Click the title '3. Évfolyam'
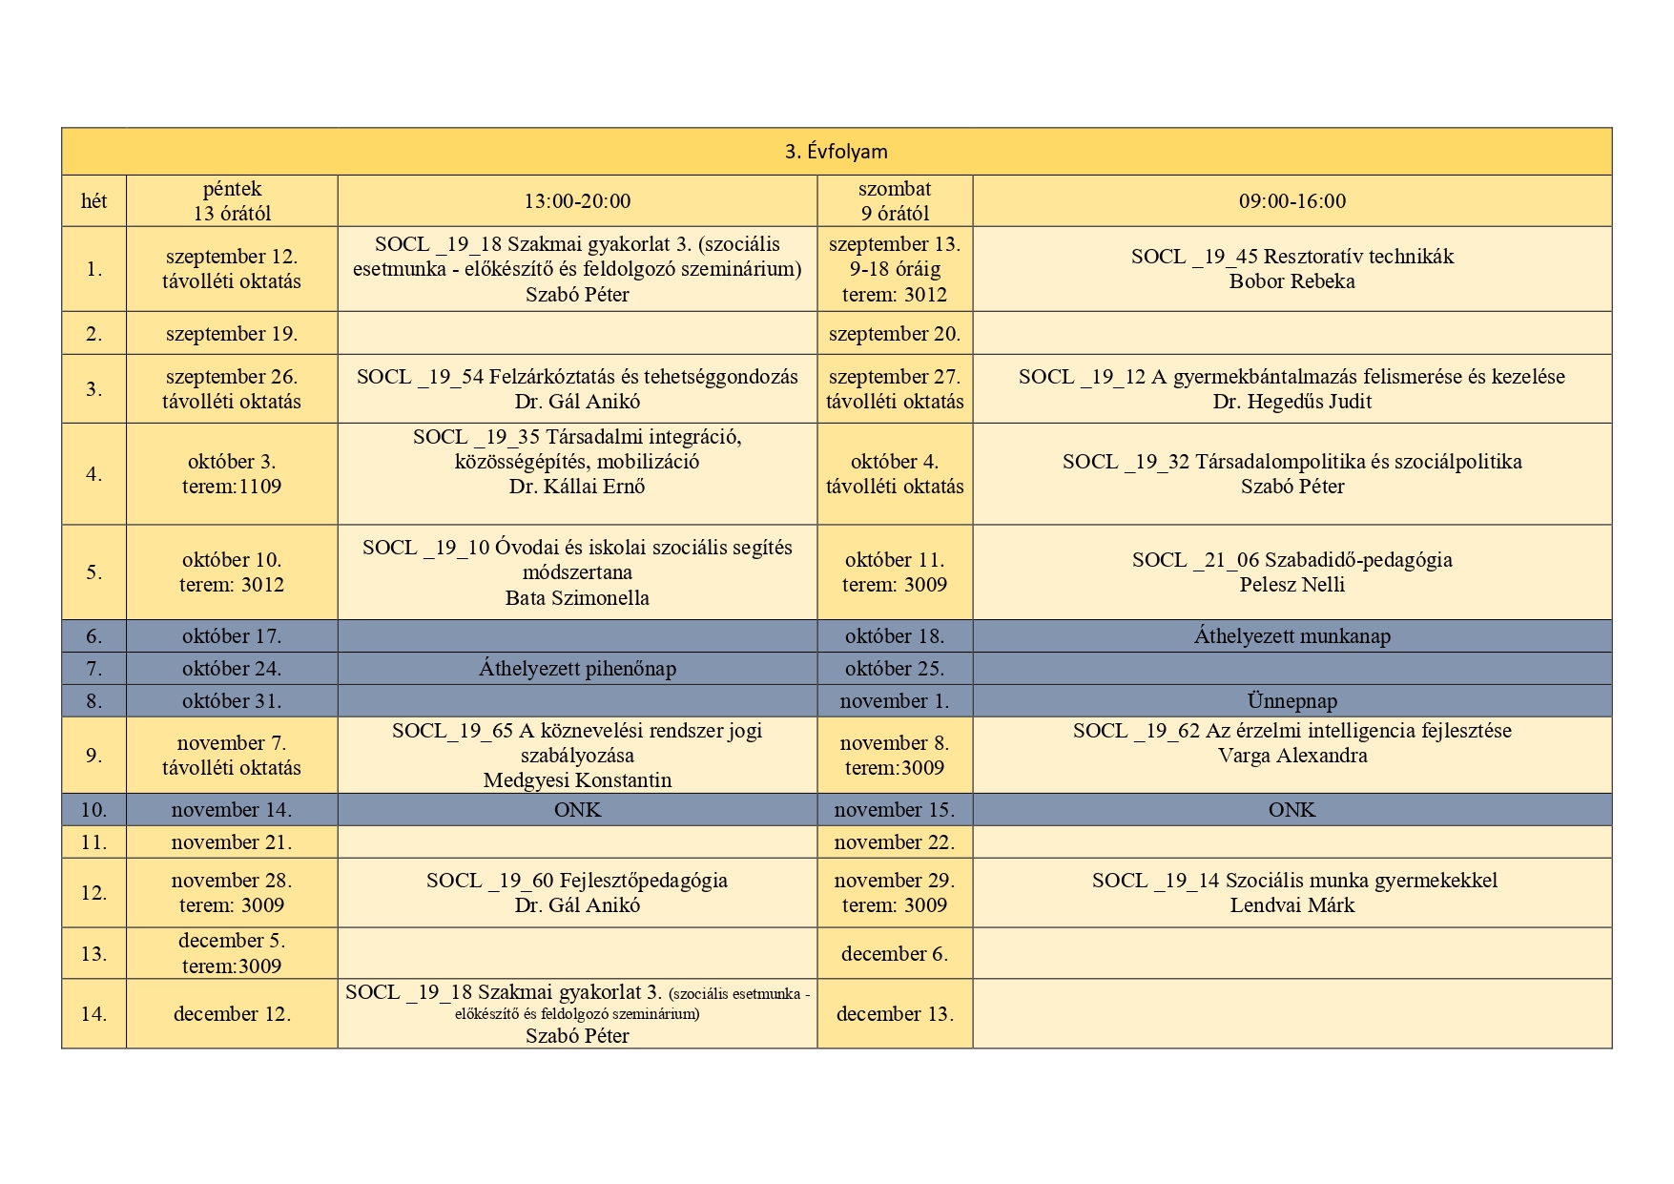pyautogui.click(x=836, y=152)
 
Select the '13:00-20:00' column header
pyautogui.click(x=577, y=201)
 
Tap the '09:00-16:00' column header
pyautogui.click(x=1292, y=201)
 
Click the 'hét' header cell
pyautogui.click(x=93, y=201)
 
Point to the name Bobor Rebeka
pyautogui.click(x=1292, y=281)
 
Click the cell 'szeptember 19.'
pyautogui.click(x=232, y=334)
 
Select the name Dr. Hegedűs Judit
pyautogui.click(x=1292, y=402)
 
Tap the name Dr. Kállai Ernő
pyautogui.click(x=577, y=487)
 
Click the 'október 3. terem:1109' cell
pyautogui.click(x=232, y=474)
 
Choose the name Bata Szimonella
pyautogui.click(x=577, y=598)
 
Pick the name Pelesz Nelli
pyautogui.click(x=1292, y=585)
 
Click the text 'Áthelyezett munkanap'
pyautogui.click(x=1292, y=636)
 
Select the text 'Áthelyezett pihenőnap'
pyautogui.click(x=577, y=669)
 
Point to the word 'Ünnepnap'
pyautogui.click(x=1292, y=701)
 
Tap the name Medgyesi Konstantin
pyautogui.click(x=577, y=780)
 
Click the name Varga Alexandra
pyautogui.click(x=1292, y=756)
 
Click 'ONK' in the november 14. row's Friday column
pyautogui.click(x=577, y=810)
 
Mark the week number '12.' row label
pyautogui.click(x=93, y=893)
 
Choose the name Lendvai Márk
pyautogui.click(x=1292, y=905)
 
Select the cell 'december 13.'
pyautogui.click(x=895, y=1014)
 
